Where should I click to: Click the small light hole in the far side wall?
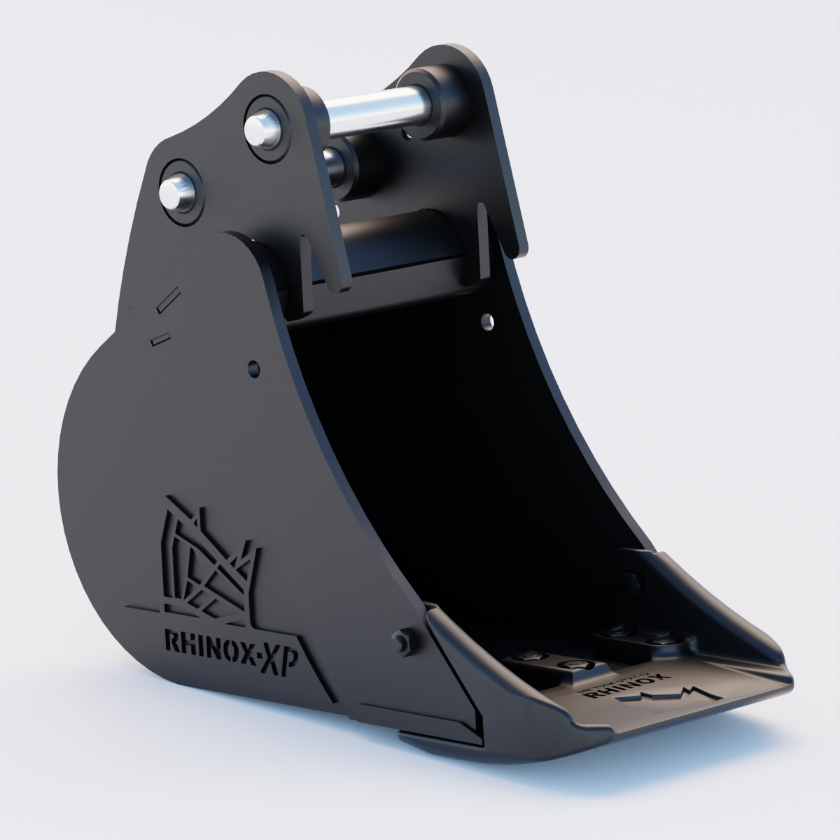[486, 321]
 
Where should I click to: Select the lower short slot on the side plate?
[160, 338]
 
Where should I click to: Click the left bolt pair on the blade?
[553, 661]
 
